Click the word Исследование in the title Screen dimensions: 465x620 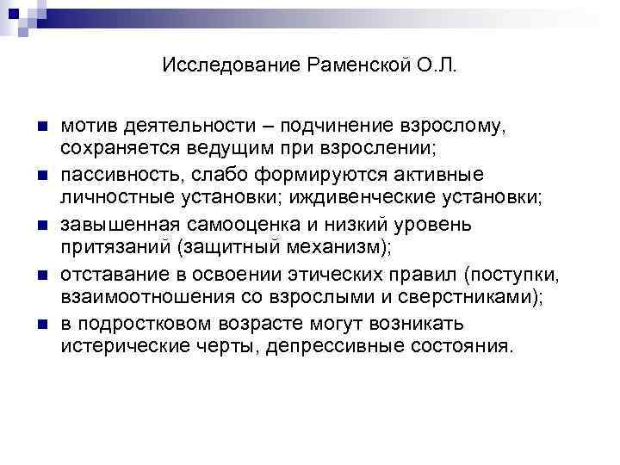(x=231, y=66)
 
